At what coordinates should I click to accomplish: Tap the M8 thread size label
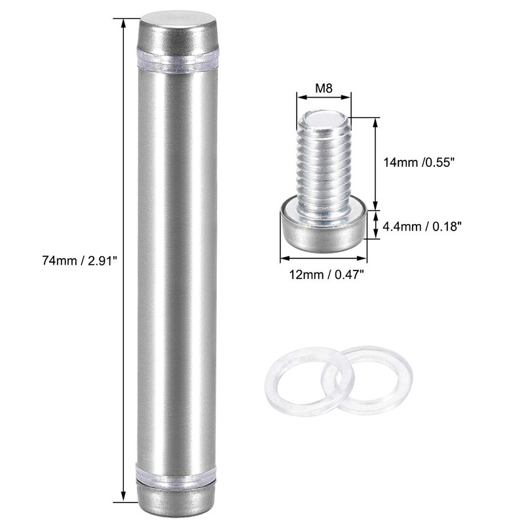pos(324,86)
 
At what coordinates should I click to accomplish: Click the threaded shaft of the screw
pos(324,164)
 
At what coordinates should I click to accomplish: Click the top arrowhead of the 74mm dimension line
pos(123,22)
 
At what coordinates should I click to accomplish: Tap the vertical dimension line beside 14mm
pos(376,164)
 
